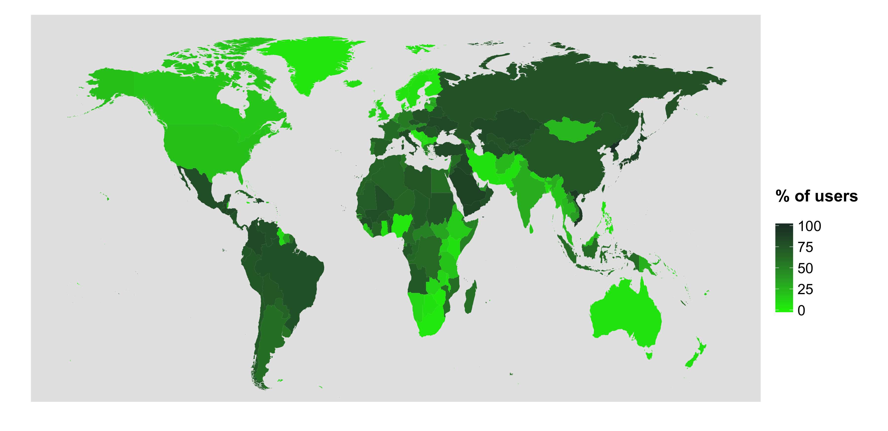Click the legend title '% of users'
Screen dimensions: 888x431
tap(816, 196)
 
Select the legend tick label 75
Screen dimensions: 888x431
tap(806, 247)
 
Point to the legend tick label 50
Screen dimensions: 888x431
tap(806, 268)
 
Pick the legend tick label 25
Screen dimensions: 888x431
tap(806, 289)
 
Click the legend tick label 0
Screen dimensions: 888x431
tap(801, 310)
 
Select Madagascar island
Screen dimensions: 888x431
tap(471, 298)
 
